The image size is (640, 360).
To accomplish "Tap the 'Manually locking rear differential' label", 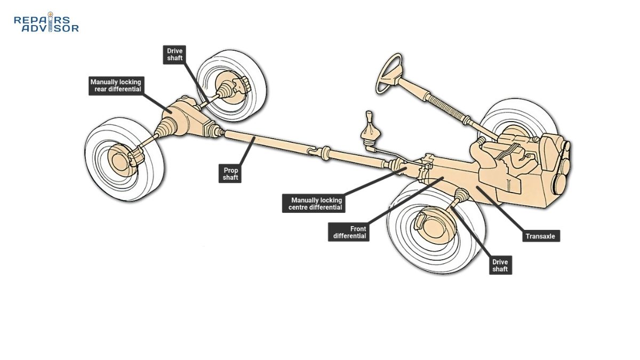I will (x=116, y=85).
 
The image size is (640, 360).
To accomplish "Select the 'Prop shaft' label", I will (x=230, y=174).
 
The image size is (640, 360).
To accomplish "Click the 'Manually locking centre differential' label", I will (x=313, y=204).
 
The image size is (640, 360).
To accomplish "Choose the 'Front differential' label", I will (x=349, y=232).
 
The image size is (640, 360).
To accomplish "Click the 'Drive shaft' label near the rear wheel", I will (x=174, y=55).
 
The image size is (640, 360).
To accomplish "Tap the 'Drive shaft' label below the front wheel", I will (x=500, y=265).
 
